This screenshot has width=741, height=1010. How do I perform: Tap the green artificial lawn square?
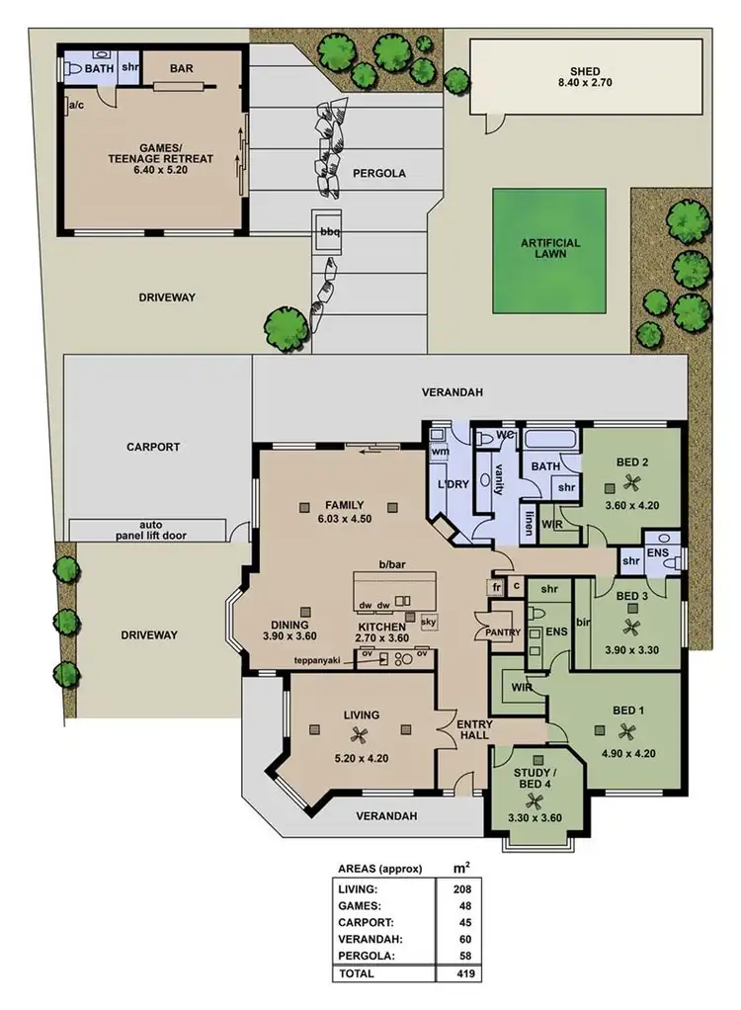[x=550, y=249]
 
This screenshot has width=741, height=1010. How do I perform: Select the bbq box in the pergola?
[x=328, y=231]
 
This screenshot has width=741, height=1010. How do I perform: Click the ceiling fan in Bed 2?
[x=631, y=482]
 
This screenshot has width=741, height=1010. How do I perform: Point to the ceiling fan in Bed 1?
[x=626, y=731]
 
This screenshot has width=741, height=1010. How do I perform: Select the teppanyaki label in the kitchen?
[x=316, y=659]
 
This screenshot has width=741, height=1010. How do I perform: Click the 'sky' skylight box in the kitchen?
[x=428, y=622]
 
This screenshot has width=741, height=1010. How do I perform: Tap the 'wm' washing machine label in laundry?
[x=440, y=453]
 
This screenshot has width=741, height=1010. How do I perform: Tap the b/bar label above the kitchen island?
[x=392, y=564]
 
